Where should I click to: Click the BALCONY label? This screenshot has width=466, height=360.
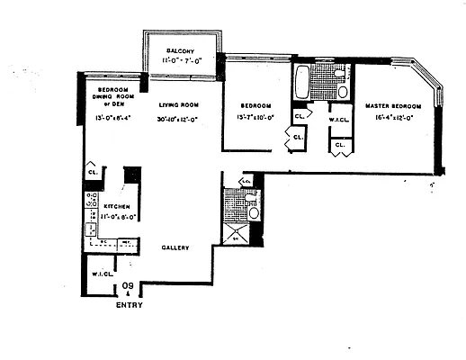click(182, 50)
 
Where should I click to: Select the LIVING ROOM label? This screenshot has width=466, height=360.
click(178, 105)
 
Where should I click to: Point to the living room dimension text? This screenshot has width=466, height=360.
click(178, 118)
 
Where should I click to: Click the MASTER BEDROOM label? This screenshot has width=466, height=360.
click(395, 105)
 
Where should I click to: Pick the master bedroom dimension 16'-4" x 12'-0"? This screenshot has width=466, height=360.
click(395, 118)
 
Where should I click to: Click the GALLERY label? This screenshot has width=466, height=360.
click(175, 247)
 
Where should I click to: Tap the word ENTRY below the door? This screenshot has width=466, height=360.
click(129, 305)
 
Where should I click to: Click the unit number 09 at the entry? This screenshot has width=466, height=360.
click(128, 287)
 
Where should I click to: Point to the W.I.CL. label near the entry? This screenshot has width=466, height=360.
click(99, 274)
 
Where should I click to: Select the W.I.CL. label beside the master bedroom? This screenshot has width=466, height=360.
click(339, 120)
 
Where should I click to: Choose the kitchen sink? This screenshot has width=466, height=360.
click(91, 229)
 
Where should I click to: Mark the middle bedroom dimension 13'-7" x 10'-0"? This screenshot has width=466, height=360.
click(254, 118)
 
